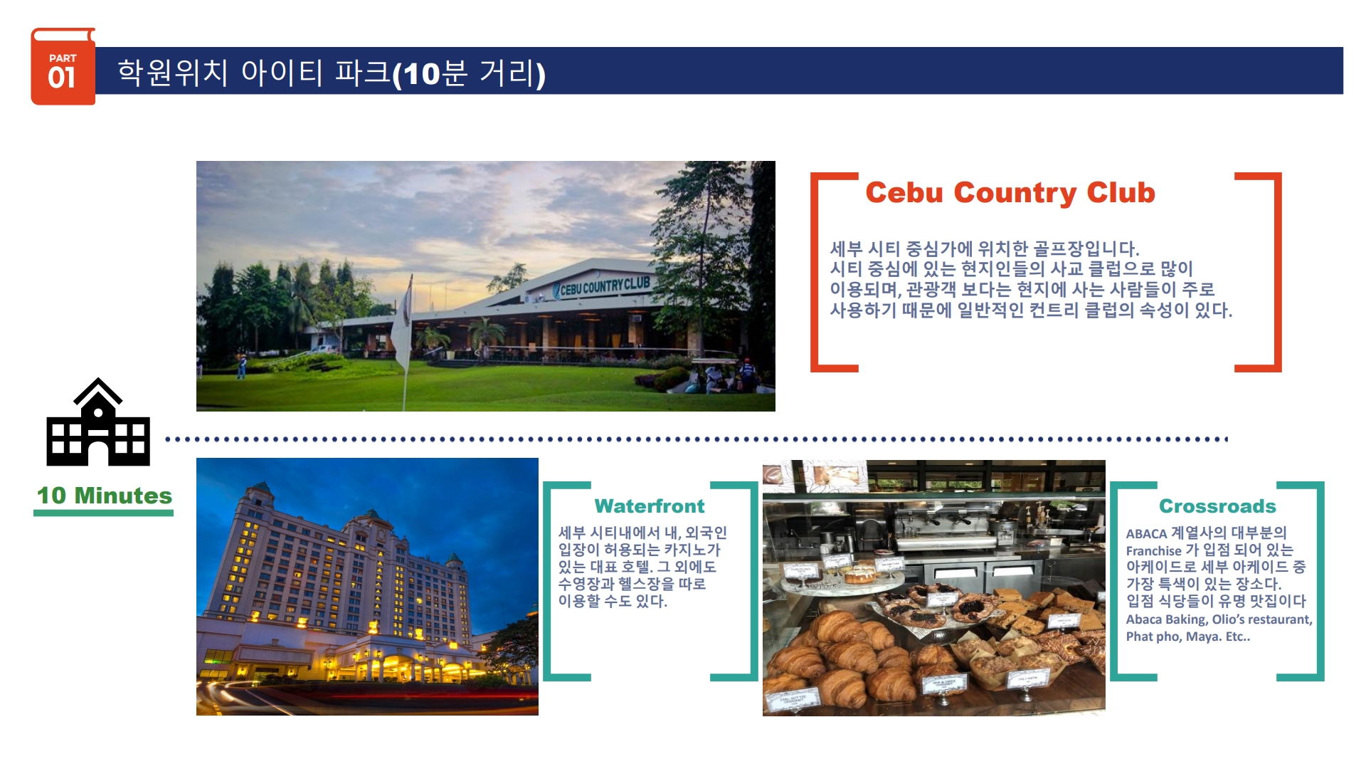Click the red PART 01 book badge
point(63,67)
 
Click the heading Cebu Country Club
point(1010,193)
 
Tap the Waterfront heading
point(650,506)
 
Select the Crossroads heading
point(1217,506)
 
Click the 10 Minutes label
point(105,496)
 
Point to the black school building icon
point(98,422)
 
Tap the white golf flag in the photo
point(403,320)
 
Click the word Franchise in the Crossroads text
point(1153,550)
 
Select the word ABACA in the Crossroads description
point(1146,533)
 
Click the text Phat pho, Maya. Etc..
point(1187,637)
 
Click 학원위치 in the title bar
point(173,73)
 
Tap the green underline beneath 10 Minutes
point(104,513)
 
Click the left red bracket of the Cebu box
point(815,272)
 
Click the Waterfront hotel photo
point(367,587)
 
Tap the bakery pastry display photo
point(934,588)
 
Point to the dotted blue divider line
point(697,439)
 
